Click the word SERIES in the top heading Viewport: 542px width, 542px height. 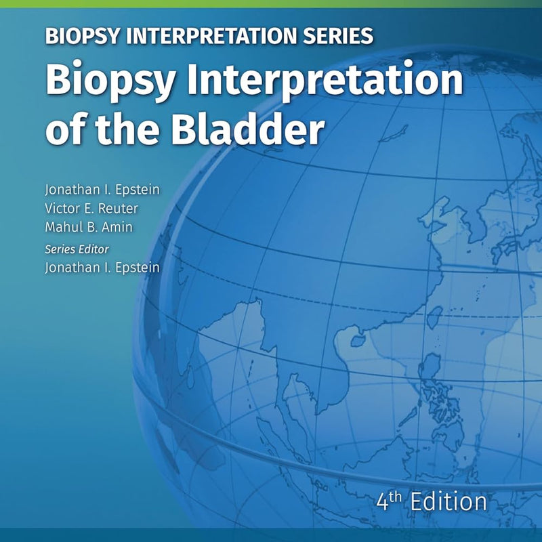tap(338, 36)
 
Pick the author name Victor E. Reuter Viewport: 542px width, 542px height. tap(91, 208)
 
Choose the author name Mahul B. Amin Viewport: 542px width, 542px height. tap(89, 227)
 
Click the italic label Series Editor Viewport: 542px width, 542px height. tap(77, 249)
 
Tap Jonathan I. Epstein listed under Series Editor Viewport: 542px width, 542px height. tap(102, 268)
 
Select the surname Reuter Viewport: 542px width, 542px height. tap(118, 208)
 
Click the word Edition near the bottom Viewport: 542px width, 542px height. tap(449, 501)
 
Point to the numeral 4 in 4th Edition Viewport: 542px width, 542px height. tap(383, 502)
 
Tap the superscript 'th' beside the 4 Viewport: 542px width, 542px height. tap(396, 497)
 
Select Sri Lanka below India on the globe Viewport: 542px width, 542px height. tap(190, 377)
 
